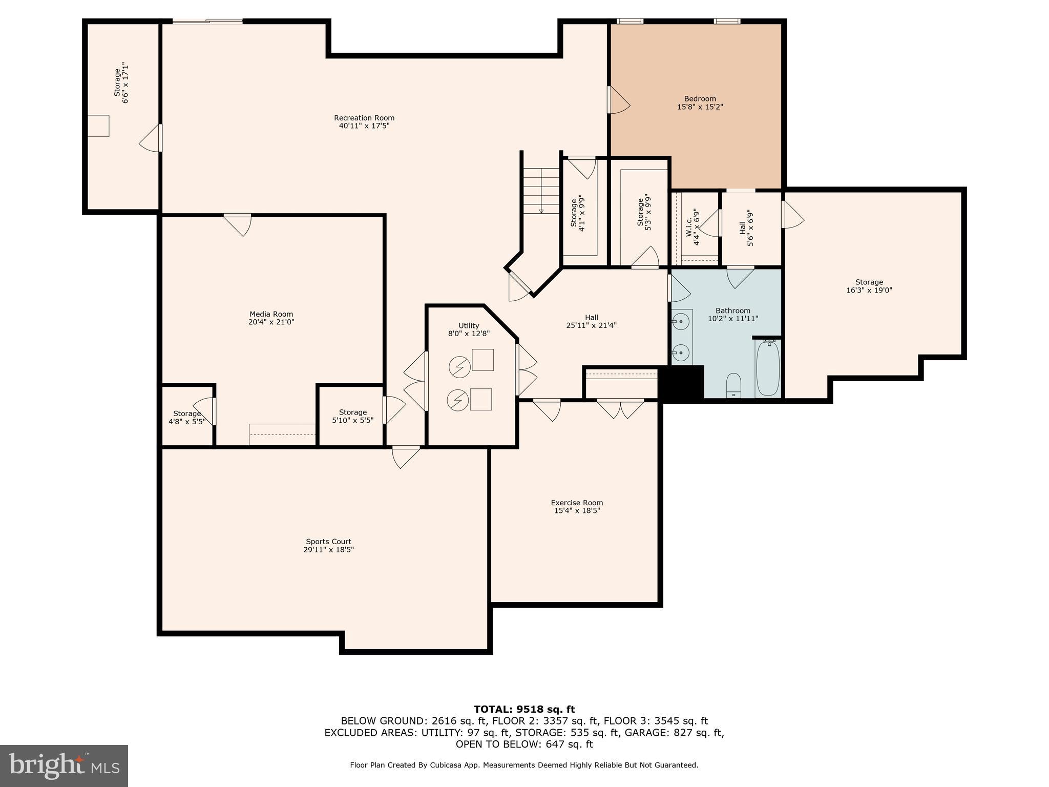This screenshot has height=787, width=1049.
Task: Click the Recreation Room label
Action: coord(364,118)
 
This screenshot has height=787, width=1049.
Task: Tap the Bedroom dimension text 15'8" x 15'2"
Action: coord(700,107)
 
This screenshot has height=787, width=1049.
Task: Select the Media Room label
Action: coord(271,314)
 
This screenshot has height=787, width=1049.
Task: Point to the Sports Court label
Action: coord(328,542)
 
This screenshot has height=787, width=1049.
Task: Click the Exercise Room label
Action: coord(577,503)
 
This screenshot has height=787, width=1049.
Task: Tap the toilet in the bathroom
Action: coord(733,385)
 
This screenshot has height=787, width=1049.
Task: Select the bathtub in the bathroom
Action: coord(767,368)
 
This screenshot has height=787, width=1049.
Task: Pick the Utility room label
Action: coord(469,326)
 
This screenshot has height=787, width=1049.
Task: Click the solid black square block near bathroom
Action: coord(681,382)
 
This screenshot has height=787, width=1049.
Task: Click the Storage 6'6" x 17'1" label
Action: coord(117,83)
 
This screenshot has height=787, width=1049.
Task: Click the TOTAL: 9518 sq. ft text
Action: coord(524,710)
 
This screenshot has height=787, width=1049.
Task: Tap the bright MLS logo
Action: coord(64,765)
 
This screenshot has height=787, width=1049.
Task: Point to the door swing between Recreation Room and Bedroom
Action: coord(618,101)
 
